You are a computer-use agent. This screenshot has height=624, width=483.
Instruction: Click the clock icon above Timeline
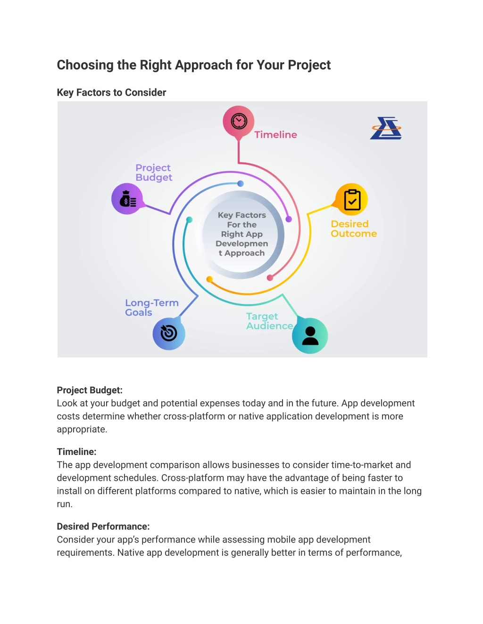tap(239, 121)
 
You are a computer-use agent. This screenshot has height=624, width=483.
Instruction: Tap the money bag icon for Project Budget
tap(128, 199)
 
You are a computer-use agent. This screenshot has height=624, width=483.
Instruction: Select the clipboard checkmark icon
tap(352, 200)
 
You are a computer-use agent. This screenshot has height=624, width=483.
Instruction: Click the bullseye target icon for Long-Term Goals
tap(169, 333)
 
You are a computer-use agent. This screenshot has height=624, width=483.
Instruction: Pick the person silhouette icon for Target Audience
tap(310, 336)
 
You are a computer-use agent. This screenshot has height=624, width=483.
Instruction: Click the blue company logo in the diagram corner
tap(386, 128)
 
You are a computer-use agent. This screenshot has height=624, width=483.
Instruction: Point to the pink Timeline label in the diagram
tap(276, 135)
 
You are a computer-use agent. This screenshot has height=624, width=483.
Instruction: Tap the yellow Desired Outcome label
tap(354, 228)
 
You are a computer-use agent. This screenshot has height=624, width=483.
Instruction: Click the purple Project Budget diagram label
tap(154, 172)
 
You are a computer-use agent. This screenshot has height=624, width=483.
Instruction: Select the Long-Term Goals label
tap(152, 308)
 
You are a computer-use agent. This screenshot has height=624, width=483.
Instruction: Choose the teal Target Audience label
tap(270, 321)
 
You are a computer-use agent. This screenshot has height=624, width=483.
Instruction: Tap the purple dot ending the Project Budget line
tap(289, 219)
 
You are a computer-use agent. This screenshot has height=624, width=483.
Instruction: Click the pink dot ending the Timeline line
tap(270, 278)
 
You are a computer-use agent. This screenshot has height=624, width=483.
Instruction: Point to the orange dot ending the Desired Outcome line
tap(209, 279)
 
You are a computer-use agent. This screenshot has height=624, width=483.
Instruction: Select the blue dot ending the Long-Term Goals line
tap(241, 184)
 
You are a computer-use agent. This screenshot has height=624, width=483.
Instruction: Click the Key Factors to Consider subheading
tap(111, 92)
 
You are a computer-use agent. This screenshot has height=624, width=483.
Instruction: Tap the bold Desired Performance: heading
tap(103, 527)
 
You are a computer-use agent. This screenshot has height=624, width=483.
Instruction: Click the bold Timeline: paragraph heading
tap(76, 452)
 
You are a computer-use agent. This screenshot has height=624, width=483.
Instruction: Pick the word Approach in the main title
tap(204, 65)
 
